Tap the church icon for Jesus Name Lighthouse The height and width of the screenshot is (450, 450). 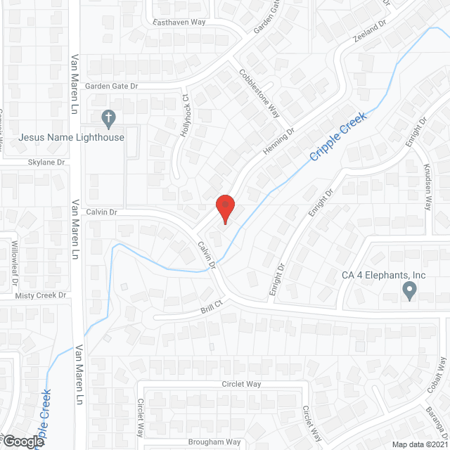(x=108, y=119)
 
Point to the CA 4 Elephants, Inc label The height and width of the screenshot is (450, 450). (x=384, y=275)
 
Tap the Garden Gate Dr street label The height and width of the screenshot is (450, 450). (x=112, y=86)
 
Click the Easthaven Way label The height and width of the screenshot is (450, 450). (x=179, y=22)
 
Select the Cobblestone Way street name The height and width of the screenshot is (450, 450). (x=259, y=93)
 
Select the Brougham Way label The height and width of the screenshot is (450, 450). (x=214, y=442)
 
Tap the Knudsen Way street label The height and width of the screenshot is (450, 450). (x=427, y=188)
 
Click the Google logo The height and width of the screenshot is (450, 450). (x=22, y=441)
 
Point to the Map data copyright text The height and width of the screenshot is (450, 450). (x=420, y=444)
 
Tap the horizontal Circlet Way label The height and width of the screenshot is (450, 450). (x=241, y=384)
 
